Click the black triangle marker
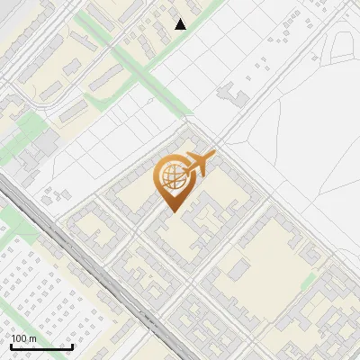coord(181,24)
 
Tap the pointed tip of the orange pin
coord(171,211)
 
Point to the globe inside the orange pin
coord(171,178)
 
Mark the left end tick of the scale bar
coord(10,346)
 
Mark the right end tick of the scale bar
coord(73,346)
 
